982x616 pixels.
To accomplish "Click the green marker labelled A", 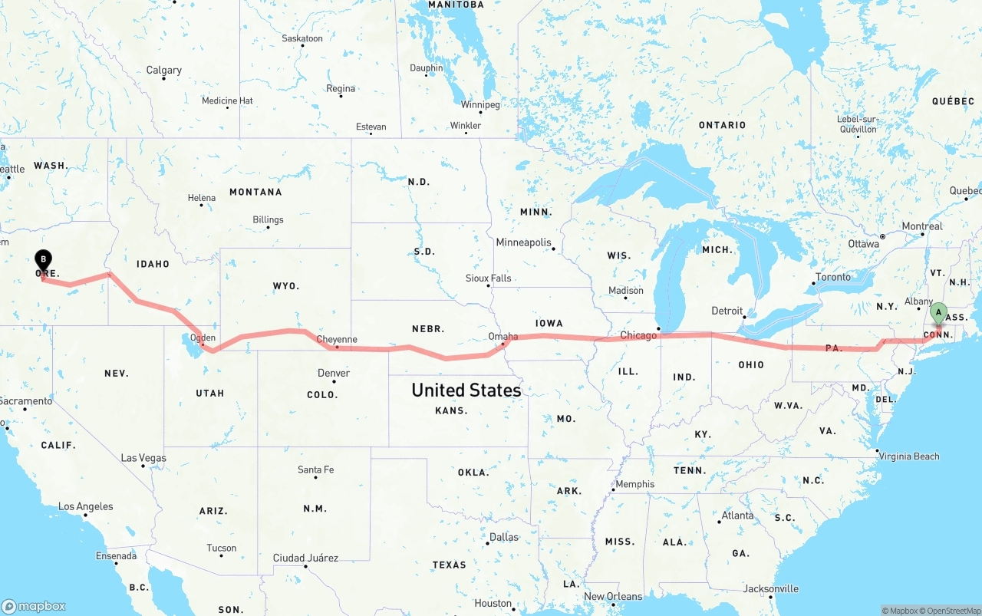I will coord(938,313).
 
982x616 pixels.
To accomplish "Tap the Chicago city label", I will coord(638,335).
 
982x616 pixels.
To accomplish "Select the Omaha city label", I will coord(503,336).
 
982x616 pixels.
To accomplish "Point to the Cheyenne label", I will coord(337,339).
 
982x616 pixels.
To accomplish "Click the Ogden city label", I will coord(203,338).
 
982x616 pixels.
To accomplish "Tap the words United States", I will coord(466,390).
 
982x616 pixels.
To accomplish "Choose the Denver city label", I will coord(334,373).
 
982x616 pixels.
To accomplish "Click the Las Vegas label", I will coord(143,458).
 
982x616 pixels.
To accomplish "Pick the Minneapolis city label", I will coord(523,242).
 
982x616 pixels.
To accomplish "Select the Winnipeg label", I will coord(480,104).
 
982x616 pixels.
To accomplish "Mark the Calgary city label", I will coord(164,71).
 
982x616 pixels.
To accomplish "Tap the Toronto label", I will coord(833,277).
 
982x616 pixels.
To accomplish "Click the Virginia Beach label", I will coord(910,456).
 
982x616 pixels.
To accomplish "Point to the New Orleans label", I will coord(613,596).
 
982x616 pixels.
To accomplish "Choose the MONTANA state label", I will coord(255,192).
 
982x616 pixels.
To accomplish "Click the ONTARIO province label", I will coord(722,125).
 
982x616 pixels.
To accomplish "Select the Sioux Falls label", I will coord(488,278).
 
